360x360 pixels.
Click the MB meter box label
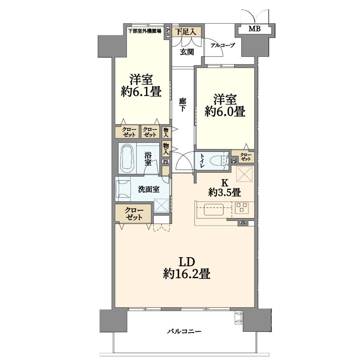(255, 29)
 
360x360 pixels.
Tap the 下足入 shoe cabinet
(187, 32)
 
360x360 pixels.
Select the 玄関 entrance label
(187, 52)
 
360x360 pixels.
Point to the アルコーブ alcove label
(223, 45)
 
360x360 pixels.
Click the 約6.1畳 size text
(141, 92)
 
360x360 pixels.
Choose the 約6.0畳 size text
(225, 112)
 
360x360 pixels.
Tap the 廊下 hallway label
(182, 105)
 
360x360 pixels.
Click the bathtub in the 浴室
(127, 159)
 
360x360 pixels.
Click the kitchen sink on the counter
(213, 209)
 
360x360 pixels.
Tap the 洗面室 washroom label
(149, 189)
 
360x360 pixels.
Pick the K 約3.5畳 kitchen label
(225, 188)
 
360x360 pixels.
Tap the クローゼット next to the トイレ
(245, 157)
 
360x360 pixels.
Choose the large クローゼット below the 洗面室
(133, 213)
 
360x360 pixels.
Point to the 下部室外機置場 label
(144, 31)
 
